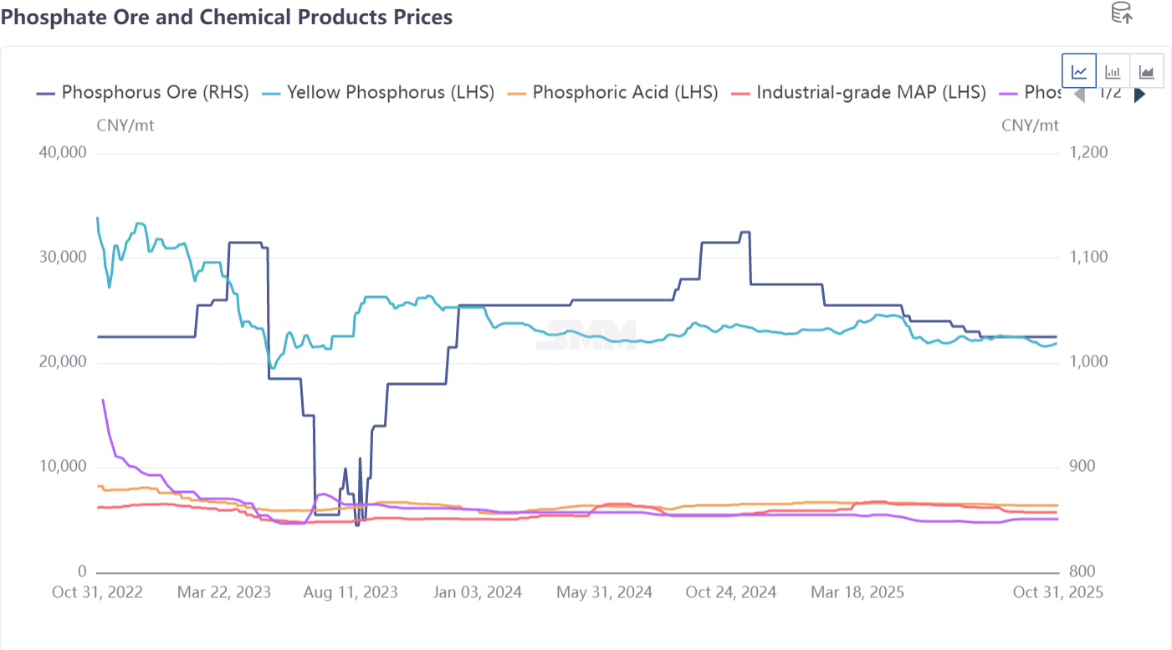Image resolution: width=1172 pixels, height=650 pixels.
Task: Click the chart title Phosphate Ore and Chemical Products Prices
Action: tap(227, 17)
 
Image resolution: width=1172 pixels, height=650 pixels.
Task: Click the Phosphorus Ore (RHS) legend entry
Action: tap(143, 92)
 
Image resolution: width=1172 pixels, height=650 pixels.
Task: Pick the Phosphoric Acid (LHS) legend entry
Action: tap(613, 92)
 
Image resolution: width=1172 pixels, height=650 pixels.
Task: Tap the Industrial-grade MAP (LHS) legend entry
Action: tap(859, 92)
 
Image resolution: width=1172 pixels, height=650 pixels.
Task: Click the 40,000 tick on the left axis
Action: tap(64, 154)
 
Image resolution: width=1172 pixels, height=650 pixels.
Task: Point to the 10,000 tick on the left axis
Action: tap(64, 467)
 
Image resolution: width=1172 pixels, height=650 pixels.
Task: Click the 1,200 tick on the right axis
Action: tap(1088, 153)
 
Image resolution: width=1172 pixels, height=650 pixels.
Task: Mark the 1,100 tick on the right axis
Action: tap(1088, 258)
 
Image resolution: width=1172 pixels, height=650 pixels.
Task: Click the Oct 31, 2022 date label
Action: tap(97, 592)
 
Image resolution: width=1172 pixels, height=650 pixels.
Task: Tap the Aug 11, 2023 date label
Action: tap(351, 592)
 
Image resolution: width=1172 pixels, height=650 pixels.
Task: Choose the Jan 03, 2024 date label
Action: tap(477, 592)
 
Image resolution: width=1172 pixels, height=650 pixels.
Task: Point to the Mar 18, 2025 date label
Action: tap(857, 592)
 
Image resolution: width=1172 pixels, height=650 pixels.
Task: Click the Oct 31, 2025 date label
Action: tap(1058, 592)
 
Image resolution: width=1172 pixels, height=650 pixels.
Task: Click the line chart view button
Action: tap(1079, 71)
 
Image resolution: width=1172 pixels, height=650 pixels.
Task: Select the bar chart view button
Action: tap(1113, 71)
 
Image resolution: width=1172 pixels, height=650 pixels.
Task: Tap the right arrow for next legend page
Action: tap(1139, 95)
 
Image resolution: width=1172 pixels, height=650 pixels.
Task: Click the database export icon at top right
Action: tap(1121, 13)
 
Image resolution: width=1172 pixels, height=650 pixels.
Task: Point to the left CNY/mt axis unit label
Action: tap(125, 125)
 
